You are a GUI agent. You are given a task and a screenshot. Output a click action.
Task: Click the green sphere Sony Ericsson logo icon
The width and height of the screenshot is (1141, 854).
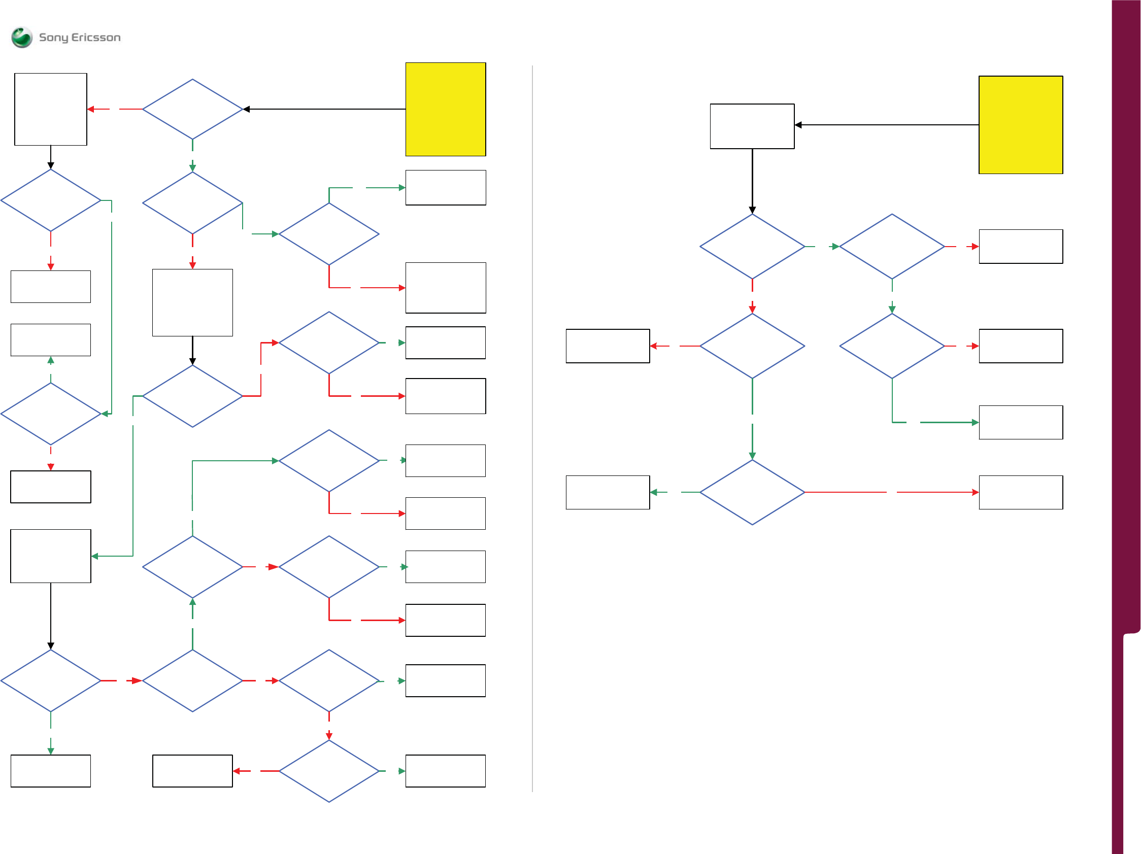[22, 37]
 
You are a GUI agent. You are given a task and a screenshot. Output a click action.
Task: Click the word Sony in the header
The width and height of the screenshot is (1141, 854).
[54, 38]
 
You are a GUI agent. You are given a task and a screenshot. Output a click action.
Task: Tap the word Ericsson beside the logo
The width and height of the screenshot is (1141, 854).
[96, 37]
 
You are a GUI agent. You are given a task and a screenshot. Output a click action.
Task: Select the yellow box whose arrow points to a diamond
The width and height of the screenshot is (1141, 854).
[445, 109]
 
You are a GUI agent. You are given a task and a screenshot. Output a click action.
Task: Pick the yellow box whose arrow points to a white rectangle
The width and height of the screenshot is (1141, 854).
[1020, 125]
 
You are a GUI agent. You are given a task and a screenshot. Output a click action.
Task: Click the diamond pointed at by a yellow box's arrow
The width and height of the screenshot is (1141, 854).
[192, 109]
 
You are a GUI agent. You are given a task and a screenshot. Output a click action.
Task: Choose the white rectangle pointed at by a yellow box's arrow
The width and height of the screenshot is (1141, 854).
[752, 126]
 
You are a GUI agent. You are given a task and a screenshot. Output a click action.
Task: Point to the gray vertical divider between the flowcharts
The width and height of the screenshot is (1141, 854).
[532, 428]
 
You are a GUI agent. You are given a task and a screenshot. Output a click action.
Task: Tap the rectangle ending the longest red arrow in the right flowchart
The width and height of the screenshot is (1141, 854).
[1020, 492]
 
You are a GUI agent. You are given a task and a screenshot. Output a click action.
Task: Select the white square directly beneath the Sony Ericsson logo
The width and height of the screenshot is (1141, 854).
[51, 109]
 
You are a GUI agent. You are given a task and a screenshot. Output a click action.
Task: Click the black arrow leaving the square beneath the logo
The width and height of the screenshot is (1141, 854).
[51, 157]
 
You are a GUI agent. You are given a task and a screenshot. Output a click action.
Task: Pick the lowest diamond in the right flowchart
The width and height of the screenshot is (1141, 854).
[752, 492]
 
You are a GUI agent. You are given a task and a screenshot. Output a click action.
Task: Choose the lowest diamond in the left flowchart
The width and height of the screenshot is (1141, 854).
[328, 770]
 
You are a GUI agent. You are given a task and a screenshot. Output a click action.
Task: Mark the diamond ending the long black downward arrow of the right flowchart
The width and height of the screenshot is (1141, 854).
[752, 247]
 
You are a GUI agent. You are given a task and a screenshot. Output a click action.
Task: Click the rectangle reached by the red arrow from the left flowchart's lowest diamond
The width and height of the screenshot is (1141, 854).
[192, 770]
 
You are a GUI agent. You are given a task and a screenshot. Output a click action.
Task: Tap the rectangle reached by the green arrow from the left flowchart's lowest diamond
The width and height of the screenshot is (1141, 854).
[445, 770]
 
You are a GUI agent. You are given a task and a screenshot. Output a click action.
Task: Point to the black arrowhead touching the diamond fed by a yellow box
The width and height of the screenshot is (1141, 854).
[247, 109]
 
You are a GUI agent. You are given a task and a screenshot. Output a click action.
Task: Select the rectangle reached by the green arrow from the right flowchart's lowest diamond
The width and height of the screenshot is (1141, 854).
[607, 492]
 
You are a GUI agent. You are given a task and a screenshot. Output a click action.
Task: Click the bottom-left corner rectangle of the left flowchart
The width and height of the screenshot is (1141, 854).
[51, 770]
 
